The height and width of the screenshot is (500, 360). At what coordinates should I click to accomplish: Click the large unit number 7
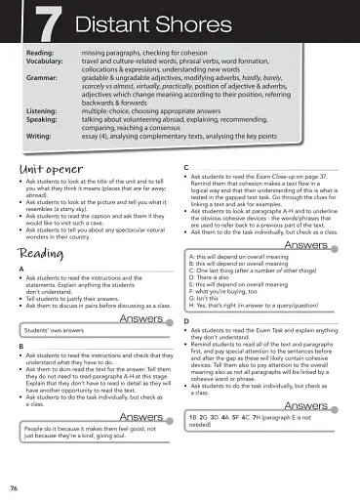click(39, 21)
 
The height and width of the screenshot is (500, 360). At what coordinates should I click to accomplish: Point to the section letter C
click(186, 168)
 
